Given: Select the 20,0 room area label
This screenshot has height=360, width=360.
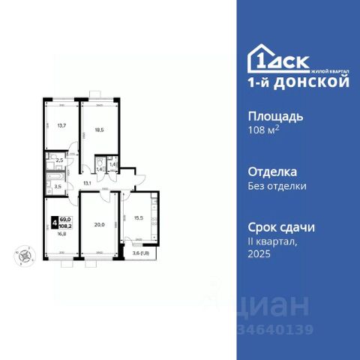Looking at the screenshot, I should tap(99, 222).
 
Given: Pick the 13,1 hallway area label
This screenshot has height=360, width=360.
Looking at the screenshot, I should tap(87, 182).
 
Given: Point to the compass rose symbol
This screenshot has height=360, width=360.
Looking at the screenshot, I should tap(25, 254).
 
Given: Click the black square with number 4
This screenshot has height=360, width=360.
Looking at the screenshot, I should tap(54, 222).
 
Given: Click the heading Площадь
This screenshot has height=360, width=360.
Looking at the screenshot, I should tap(275, 116).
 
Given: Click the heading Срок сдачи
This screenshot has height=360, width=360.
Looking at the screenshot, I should tap(280, 226).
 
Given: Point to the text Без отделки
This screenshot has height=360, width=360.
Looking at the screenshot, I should tap(277, 186).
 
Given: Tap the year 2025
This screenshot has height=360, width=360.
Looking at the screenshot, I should tap(259, 254).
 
